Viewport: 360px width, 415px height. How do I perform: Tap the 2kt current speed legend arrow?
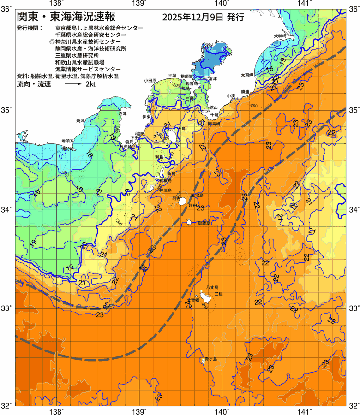[73, 84]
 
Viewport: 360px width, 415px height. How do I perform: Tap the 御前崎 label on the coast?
[68, 149]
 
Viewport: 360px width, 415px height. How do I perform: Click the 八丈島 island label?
[212, 287]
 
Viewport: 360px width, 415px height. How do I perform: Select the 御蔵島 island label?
[204, 223]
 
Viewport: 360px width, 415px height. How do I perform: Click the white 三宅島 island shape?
[183, 201]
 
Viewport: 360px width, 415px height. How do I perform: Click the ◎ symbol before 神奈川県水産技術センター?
[52, 41]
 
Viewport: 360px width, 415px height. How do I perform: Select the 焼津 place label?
[80, 121]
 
